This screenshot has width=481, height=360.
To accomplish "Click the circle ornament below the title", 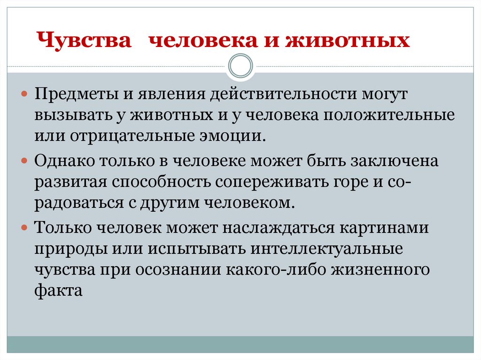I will pos(240,66).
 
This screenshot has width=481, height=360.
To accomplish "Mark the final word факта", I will pos(58,291).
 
